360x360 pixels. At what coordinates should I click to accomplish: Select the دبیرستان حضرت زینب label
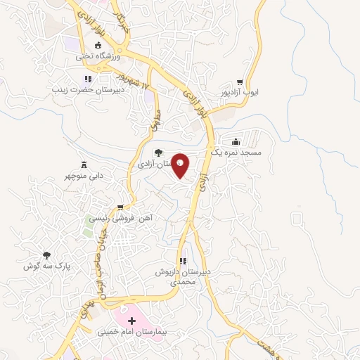click(x=89, y=90)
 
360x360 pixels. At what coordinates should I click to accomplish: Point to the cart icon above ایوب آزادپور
click(x=240, y=82)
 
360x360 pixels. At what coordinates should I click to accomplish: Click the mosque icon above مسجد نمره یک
click(x=235, y=141)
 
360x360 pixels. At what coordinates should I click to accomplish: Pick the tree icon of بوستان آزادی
click(x=158, y=152)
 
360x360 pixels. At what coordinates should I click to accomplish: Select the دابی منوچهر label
click(x=86, y=177)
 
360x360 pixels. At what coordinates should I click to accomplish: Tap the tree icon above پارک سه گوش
click(x=47, y=255)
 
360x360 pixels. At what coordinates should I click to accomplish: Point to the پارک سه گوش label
click(x=47, y=266)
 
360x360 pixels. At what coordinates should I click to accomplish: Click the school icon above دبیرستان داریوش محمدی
click(x=184, y=261)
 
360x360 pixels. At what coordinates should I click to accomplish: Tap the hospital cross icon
click(x=131, y=320)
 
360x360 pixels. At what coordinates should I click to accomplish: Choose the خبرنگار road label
click(x=124, y=22)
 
